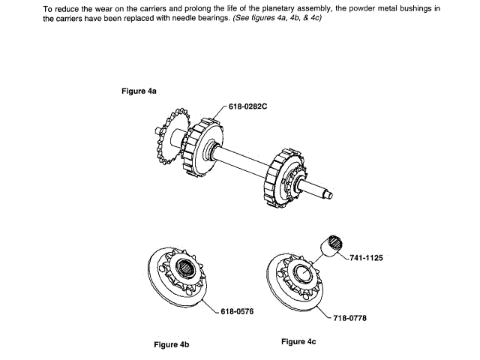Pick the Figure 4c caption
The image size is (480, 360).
coord(298,342)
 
